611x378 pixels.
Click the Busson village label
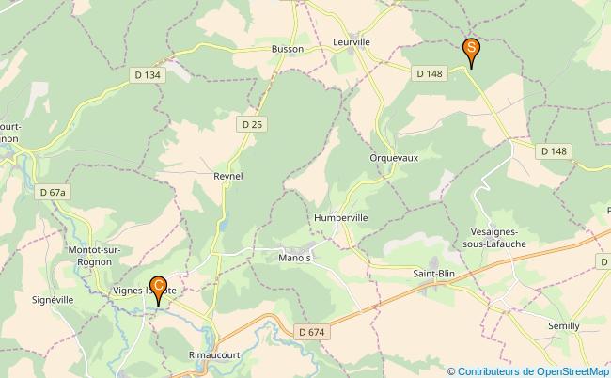pos(287,49)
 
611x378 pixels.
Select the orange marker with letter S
pos(471,51)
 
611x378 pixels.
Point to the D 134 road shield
pos(147,75)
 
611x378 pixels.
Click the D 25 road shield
pos(250,123)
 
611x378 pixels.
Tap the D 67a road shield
pos(54,192)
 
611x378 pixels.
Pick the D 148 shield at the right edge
pos(555,150)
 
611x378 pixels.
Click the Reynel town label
pos(228,176)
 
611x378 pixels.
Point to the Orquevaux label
pos(394,157)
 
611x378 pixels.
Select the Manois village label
pos(295,256)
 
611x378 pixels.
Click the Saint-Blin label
pos(435,274)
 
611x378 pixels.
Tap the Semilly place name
pos(567,324)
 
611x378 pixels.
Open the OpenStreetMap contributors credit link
pos(531,371)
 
